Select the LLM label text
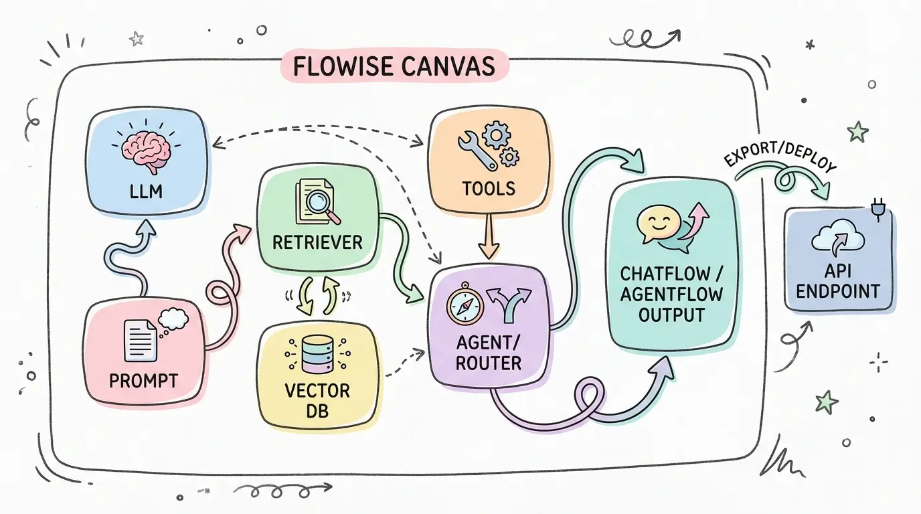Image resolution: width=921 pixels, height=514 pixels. [x=147, y=193]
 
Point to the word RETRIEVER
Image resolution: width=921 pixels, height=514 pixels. [x=318, y=242]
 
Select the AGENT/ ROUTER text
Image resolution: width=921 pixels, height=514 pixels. [x=488, y=353]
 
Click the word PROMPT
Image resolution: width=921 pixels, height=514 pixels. [x=143, y=381]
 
